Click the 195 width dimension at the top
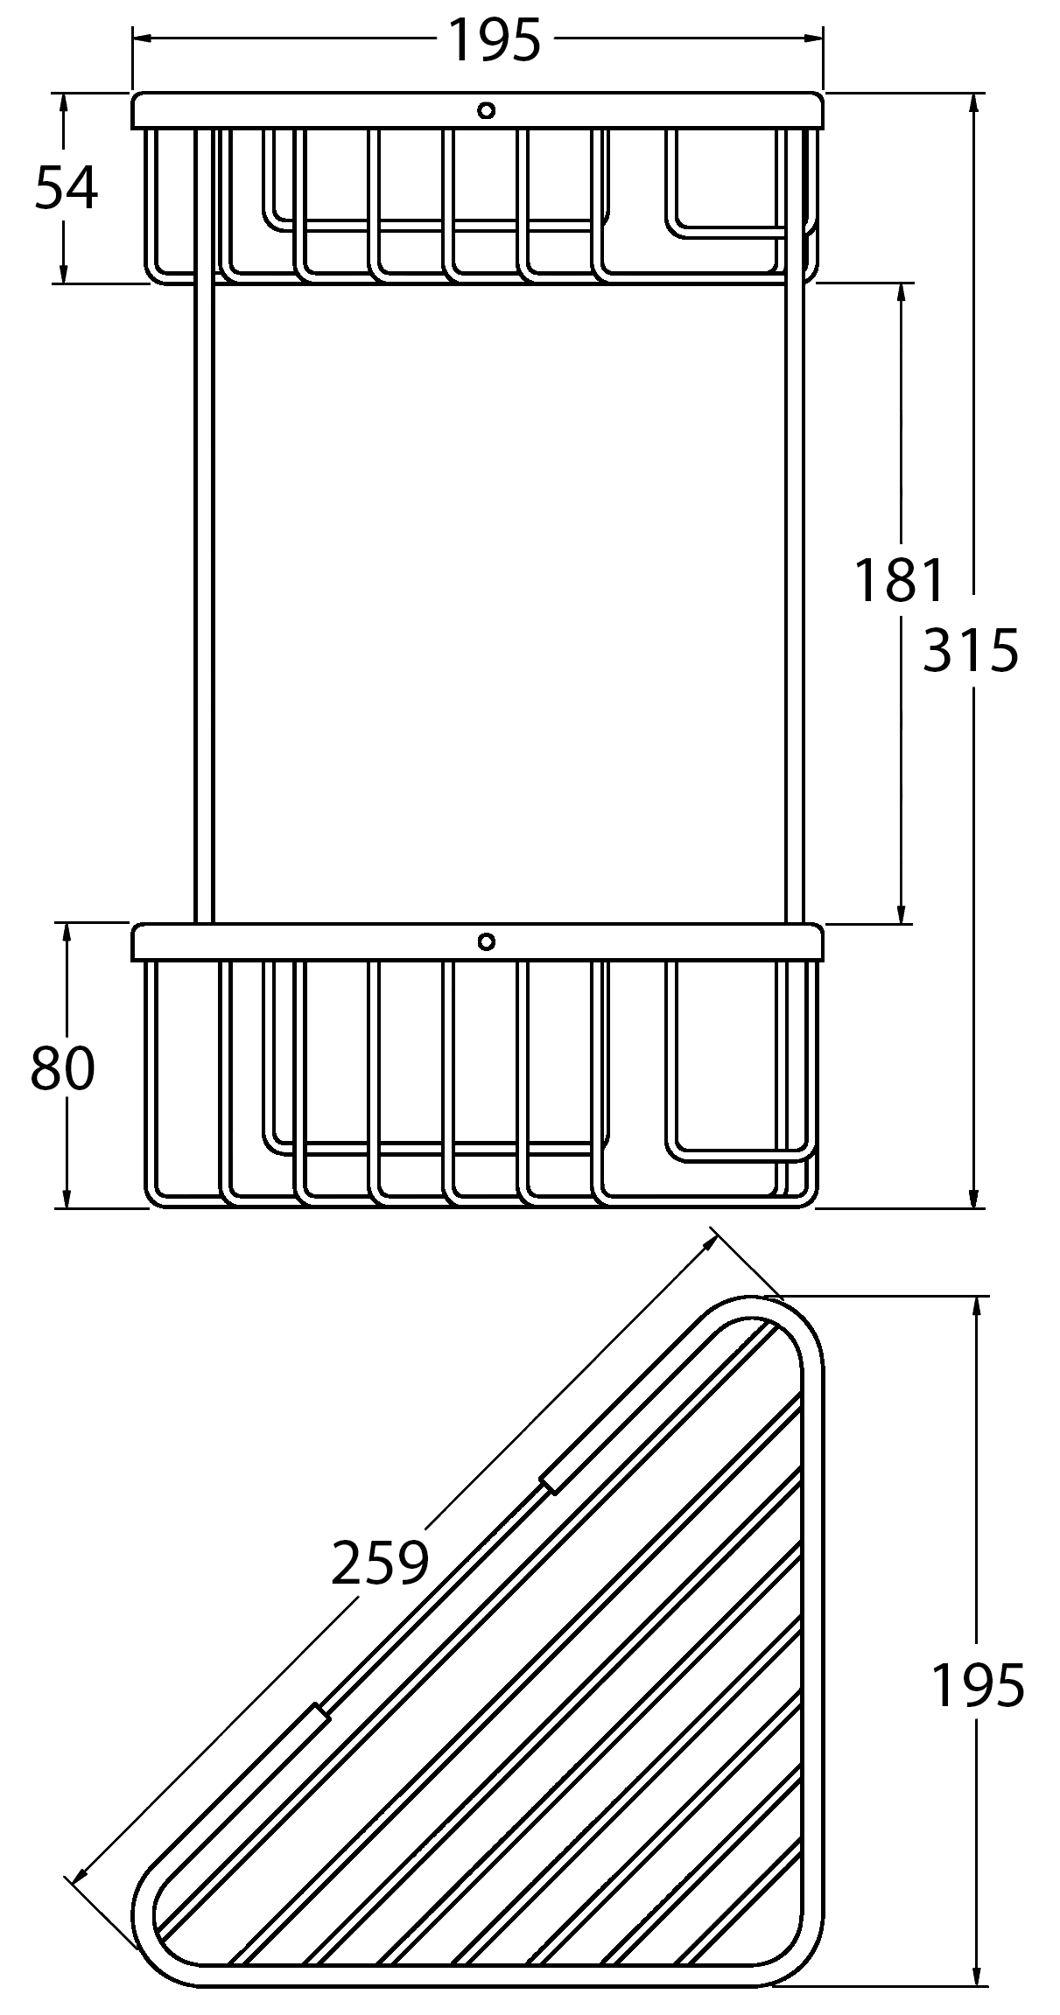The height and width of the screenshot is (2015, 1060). pyautogui.click(x=495, y=40)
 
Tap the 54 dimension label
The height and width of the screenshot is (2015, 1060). pyautogui.click(x=67, y=188)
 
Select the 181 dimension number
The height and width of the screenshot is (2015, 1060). pyautogui.click(x=901, y=580)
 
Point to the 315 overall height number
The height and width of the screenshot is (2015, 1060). pyautogui.click(x=972, y=650)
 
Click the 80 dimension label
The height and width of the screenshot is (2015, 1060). pyautogui.click(x=62, y=1068)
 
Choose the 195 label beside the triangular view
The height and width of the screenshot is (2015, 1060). pyautogui.click(x=978, y=1685)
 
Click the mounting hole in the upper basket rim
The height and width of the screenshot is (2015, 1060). pyautogui.click(x=487, y=110)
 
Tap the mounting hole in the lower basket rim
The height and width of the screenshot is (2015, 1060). pyautogui.click(x=487, y=941)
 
